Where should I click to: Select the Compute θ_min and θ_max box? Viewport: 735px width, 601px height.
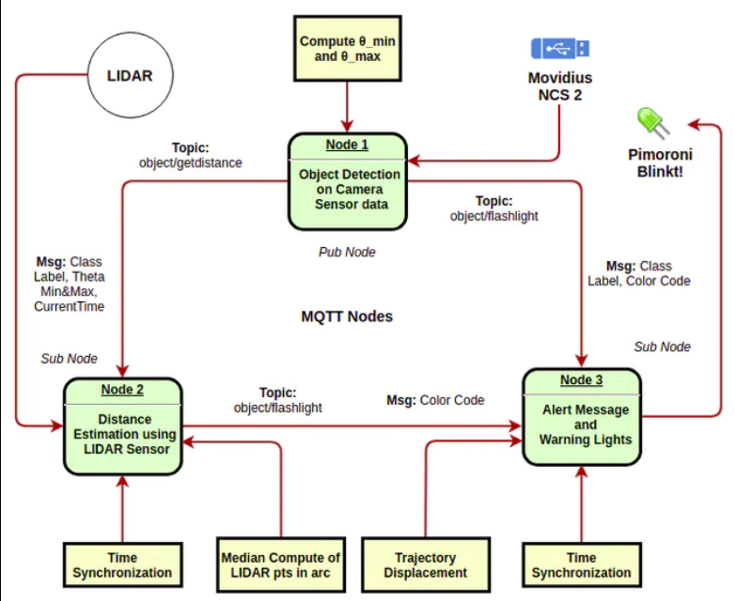(x=348, y=49)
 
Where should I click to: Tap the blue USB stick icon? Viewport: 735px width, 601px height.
(x=560, y=48)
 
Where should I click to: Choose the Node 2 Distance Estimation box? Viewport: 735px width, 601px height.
(x=123, y=426)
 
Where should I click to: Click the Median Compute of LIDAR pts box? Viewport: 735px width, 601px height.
(x=280, y=564)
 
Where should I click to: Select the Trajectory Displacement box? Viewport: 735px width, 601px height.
(x=425, y=564)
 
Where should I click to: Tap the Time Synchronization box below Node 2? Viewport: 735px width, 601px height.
(x=122, y=564)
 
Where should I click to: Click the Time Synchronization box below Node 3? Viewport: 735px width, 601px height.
(x=581, y=564)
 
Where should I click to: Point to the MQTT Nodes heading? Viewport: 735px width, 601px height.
(x=347, y=316)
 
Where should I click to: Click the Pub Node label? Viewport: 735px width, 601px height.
(x=347, y=252)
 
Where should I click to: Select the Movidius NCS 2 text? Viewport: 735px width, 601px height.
(x=560, y=85)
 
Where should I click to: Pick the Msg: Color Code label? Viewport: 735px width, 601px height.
(x=435, y=400)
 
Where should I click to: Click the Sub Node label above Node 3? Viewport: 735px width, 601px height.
(x=662, y=347)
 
